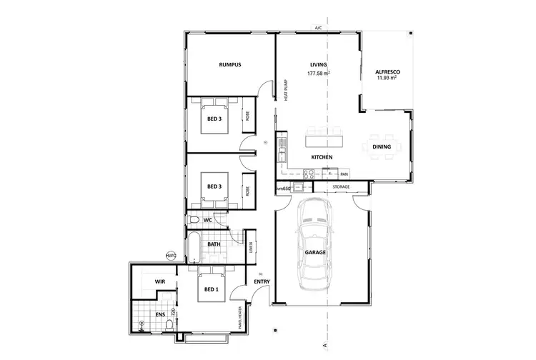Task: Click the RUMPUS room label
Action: click(229, 65)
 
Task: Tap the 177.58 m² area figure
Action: click(318, 74)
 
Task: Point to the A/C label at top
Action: click(318, 28)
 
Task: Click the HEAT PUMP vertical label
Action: click(286, 90)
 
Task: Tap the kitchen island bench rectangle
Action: click(324, 134)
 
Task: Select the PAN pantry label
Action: click(344, 174)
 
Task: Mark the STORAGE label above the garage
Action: click(342, 187)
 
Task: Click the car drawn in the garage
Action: click(315, 243)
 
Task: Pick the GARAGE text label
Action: click(315, 252)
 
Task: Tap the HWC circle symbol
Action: click(171, 254)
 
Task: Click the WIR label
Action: click(160, 282)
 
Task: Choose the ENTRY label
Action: click(261, 282)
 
